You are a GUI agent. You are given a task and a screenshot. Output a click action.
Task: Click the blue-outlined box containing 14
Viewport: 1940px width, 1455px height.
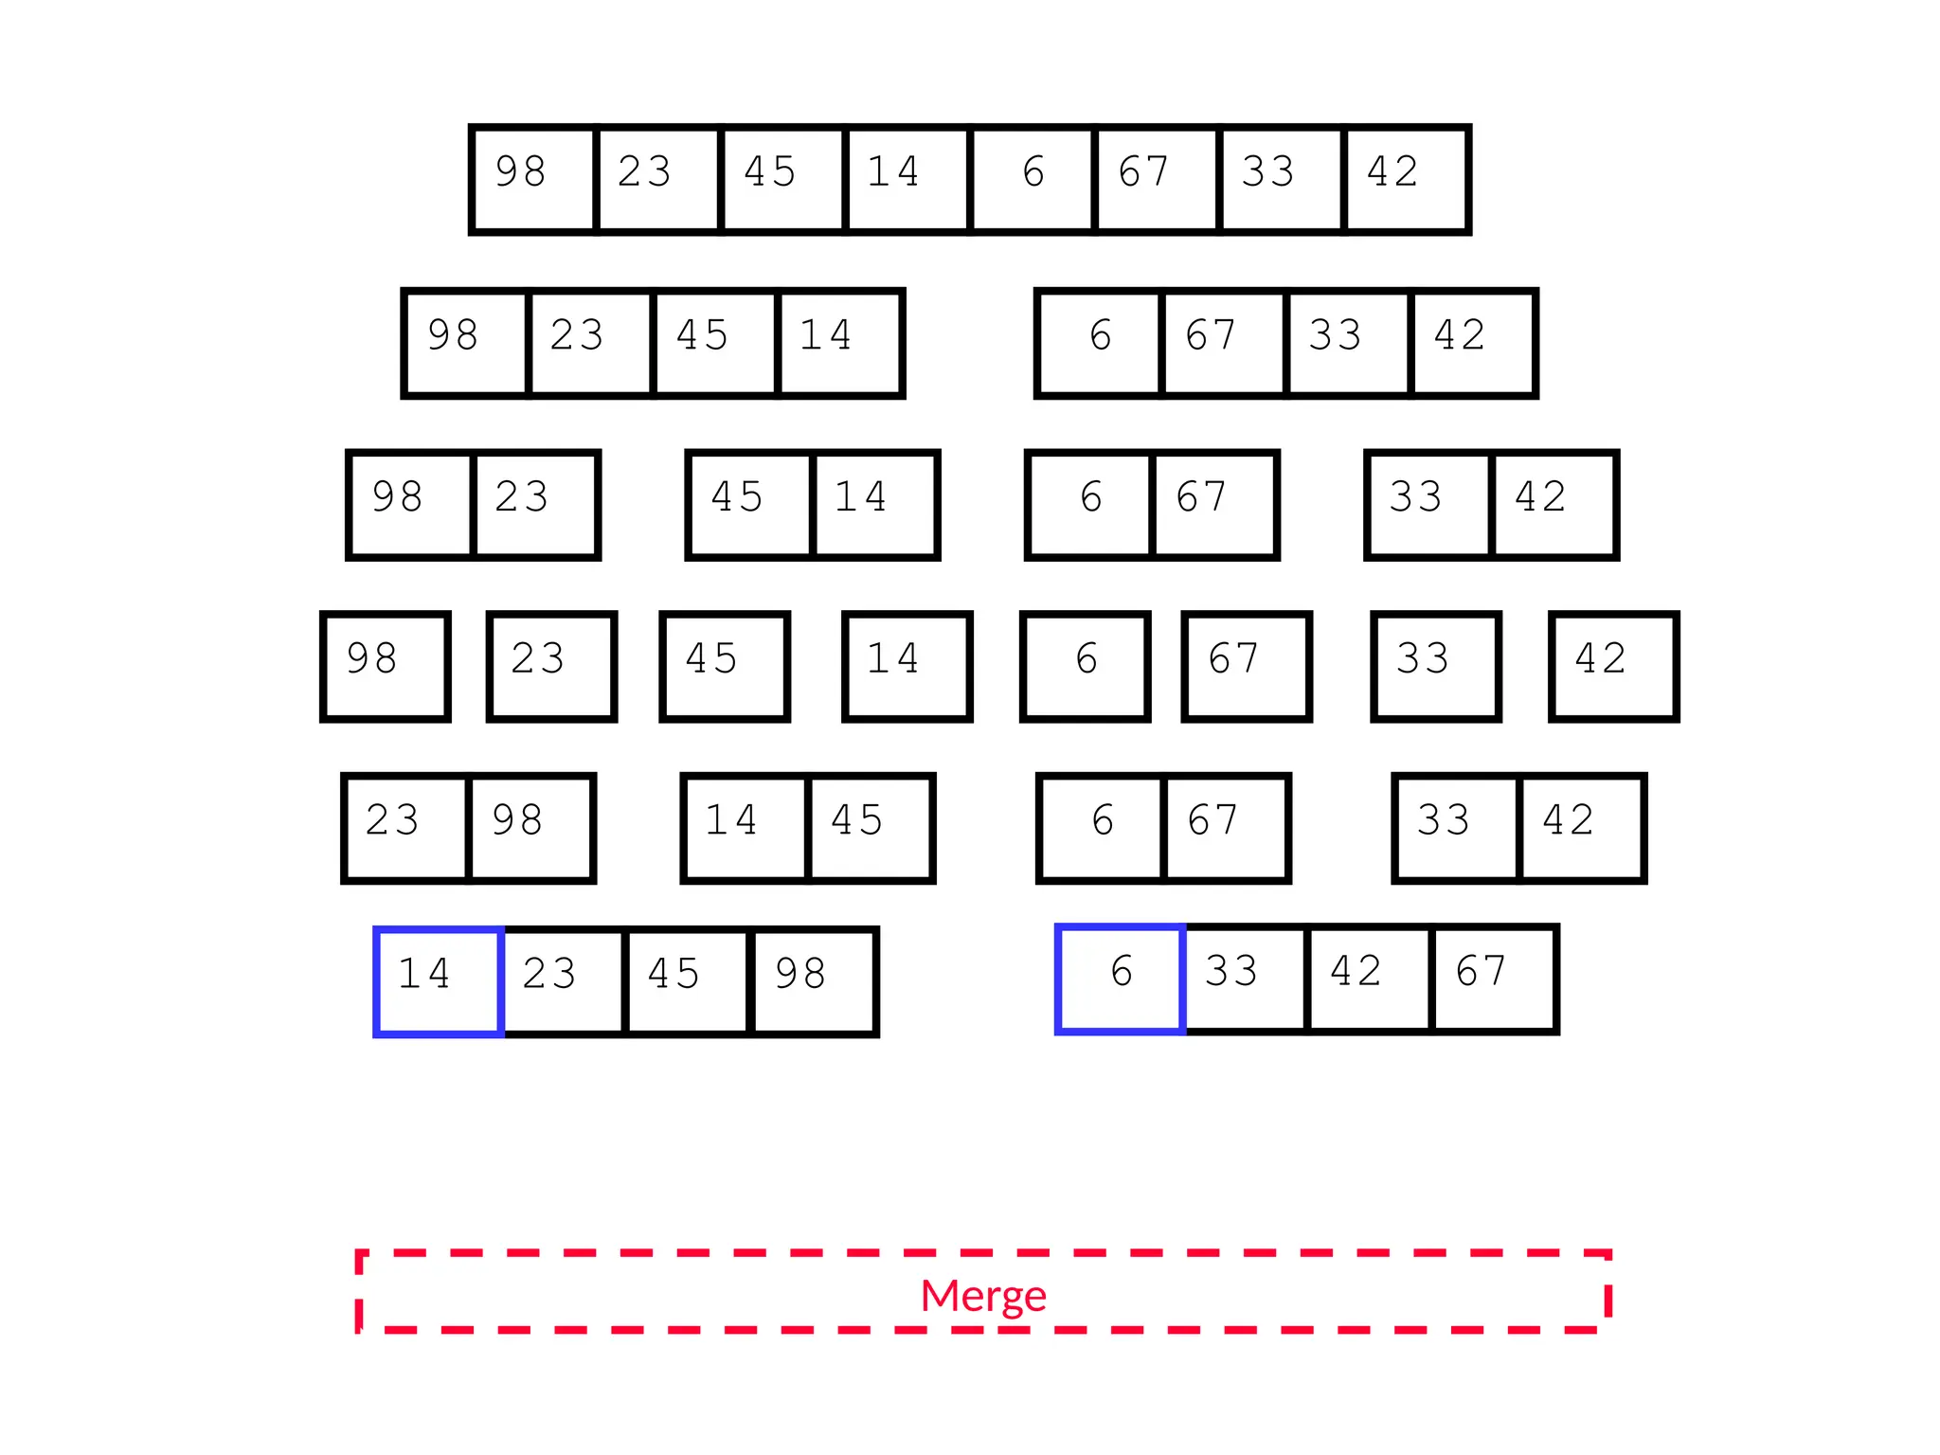click(x=439, y=981)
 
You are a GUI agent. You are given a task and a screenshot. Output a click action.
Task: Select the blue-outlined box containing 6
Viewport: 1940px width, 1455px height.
click(x=1120, y=979)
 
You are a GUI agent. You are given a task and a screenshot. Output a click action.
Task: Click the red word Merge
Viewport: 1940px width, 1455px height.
click(x=983, y=1295)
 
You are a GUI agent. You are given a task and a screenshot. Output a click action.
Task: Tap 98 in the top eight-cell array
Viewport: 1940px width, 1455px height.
click(x=533, y=179)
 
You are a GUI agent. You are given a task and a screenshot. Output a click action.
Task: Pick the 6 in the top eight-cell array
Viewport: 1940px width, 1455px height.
click(x=1033, y=179)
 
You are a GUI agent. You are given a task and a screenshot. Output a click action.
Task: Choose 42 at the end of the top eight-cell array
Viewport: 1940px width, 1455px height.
click(x=1406, y=179)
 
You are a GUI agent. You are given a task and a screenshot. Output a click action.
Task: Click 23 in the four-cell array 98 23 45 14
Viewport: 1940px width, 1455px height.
click(x=590, y=343)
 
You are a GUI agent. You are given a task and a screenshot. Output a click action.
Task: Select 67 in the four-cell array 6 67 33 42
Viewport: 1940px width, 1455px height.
click(x=1223, y=343)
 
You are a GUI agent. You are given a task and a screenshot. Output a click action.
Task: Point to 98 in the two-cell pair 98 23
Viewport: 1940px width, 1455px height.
click(x=410, y=505)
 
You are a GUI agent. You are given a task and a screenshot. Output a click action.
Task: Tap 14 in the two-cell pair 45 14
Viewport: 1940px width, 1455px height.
click(x=875, y=505)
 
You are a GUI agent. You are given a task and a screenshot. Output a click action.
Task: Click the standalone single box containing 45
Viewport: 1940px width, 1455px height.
click(x=725, y=667)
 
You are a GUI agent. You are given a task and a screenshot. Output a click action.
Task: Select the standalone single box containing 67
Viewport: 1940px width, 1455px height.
click(x=1247, y=667)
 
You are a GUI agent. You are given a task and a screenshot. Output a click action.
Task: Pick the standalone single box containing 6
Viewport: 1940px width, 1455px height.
click(x=1086, y=667)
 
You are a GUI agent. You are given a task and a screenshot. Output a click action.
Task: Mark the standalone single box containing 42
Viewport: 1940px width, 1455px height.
click(x=1613, y=667)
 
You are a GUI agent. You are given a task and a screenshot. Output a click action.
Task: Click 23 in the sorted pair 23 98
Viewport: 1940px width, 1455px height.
click(x=405, y=828)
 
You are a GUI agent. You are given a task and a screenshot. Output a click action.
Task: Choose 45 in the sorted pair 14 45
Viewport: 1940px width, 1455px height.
click(x=870, y=828)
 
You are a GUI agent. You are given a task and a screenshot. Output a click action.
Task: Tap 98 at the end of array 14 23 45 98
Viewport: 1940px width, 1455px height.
click(x=814, y=981)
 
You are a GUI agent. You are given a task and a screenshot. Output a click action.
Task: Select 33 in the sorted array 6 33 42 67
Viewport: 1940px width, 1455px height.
click(x=1245, y=979)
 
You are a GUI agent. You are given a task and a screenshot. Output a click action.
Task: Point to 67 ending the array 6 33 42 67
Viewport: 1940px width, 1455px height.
click(x=1494, y=979)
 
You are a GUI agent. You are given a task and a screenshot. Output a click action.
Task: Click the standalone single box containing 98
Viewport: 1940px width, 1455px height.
click(x=385, y=667)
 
